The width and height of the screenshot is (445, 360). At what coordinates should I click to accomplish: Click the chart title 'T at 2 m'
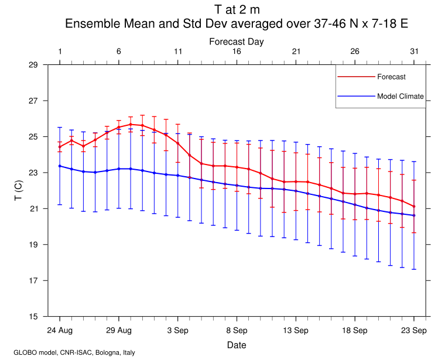coord(237,9)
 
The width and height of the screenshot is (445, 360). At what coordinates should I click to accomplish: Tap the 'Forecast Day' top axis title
coord(237,42)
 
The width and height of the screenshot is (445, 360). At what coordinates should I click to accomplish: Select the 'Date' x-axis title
coord(237,345)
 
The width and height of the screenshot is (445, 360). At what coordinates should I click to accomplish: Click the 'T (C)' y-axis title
coord(19,190)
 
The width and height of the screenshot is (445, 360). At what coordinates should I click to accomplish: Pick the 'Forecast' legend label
coord(391,77)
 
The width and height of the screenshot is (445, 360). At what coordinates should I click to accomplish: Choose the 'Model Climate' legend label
coord(400,97)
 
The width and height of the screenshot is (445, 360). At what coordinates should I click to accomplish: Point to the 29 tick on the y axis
coord(33,64)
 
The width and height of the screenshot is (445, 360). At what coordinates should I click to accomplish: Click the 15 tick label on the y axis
coord(33,317)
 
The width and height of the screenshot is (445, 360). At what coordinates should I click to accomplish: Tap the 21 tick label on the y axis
coord(33,208)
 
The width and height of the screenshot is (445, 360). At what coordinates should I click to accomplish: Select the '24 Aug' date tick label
coord(60,331)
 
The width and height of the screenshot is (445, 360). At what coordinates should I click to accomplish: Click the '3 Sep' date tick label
coord(178,331)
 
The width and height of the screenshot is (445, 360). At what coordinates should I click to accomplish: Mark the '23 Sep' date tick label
coord(414,331)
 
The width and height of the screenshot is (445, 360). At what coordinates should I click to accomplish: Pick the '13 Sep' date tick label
coord(296,331)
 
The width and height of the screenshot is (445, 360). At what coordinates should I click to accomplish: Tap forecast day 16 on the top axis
coord(237,52)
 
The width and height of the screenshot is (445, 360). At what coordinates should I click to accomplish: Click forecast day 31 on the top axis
coord(414,52)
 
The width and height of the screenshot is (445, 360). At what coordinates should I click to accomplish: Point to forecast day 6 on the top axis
coord(119,52)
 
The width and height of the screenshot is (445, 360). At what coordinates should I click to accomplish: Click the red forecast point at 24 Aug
coord(60,147)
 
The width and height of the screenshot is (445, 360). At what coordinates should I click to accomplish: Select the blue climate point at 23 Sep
coord(414,215)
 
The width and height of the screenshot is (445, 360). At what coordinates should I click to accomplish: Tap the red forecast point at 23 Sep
coord(414,206)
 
